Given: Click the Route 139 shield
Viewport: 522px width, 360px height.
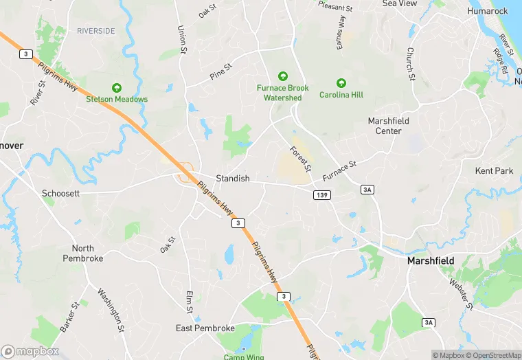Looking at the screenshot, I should pos(322,195).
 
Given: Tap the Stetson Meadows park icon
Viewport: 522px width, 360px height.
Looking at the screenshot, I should pos(117,88).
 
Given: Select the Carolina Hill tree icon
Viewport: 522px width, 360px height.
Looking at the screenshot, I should pos(341,82).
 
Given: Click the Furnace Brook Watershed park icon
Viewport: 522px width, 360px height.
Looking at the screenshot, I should pos(282,76).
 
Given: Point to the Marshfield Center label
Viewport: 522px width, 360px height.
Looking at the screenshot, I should pos(388,126).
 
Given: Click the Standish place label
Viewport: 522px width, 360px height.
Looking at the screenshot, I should pos(233,178).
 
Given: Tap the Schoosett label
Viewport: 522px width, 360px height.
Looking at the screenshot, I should pos(60,193).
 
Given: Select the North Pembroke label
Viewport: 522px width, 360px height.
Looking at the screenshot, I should pos(82,253).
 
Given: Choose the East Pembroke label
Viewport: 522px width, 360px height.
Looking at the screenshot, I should pos(205,328).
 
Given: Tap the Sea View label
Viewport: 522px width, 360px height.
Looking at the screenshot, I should pos(400,3).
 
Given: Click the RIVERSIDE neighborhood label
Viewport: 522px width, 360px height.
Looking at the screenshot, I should pos(96,31).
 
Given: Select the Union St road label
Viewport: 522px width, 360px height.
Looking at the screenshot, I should pos(182,40).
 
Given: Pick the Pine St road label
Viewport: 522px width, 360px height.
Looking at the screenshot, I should pos(221,71).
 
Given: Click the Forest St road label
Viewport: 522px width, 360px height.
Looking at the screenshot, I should pos(300,159).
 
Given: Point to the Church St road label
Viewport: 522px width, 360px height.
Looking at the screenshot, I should pos(410,63).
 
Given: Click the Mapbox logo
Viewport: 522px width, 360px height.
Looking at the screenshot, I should pos(30,351).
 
